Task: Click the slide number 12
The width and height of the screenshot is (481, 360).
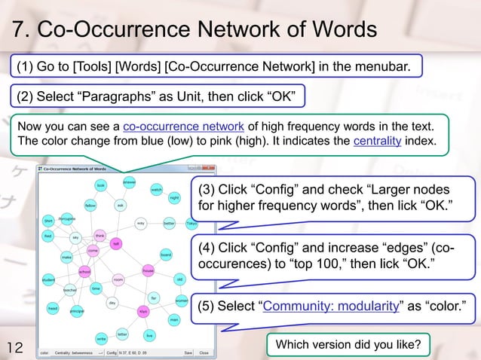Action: pyautogui.click(x=16, y=347)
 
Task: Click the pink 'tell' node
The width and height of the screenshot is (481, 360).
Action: pyautogui.click(x=116, y=243)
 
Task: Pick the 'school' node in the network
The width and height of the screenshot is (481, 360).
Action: pyautogui.click(x=84, y=271)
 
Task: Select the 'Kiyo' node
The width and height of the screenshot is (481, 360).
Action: pyautogui.click(x=142, y=310)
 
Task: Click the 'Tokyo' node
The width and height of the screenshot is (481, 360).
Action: pyautogui.click(x=191, y=223)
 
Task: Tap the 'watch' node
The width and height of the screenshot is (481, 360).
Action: pyautogui.click(x=157, y=189)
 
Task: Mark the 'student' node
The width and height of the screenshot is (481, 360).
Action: pyautogui.click(x=48, y=280)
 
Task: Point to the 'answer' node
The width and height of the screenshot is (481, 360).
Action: pyautogui.click(x=129, y=182)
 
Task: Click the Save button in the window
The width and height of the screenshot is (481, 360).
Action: pyautogui.click(x=188, y=352)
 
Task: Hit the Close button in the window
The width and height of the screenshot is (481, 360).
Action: pyautogui.click(x=204, y=352)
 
